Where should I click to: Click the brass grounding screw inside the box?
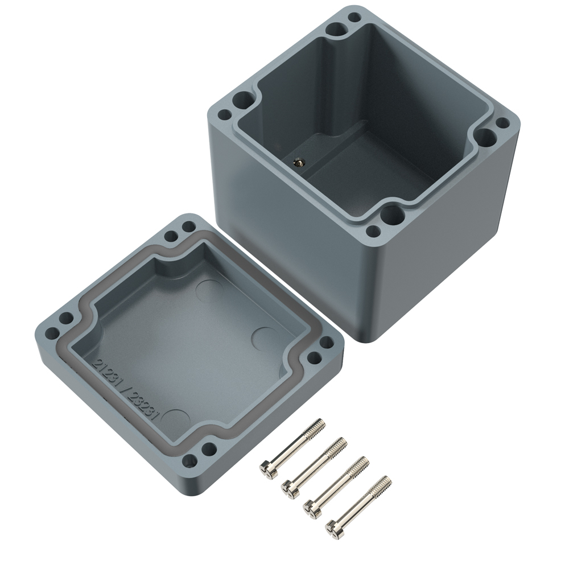click(298, 162)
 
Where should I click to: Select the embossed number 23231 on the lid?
click(143, 407)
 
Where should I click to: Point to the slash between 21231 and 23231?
click(124, 390)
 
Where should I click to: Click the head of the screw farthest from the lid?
click(335, 529)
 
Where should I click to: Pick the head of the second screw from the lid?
click(291, 490)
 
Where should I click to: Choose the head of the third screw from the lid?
click(313, 509)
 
